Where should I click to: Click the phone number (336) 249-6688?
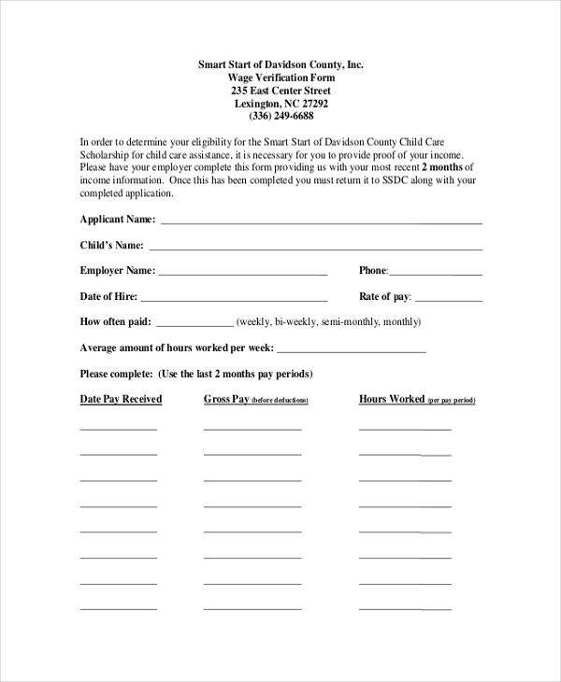(280, 117)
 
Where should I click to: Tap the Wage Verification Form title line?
(280, 78)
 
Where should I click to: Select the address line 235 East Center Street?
(280, 91)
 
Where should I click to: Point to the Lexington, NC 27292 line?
(280, 104)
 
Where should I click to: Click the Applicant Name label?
(118, 220)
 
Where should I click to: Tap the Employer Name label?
(117, 271)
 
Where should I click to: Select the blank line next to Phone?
(436, 275)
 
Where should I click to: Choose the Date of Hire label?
(108, 297)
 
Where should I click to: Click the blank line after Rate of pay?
(448, 301)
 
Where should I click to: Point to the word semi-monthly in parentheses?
(350, 322)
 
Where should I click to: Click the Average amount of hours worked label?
(176, 348)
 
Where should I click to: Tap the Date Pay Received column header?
(121, 399)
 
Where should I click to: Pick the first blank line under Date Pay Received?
(119, 429)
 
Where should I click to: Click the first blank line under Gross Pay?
(252, 429)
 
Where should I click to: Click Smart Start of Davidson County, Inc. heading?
(280, 64)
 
